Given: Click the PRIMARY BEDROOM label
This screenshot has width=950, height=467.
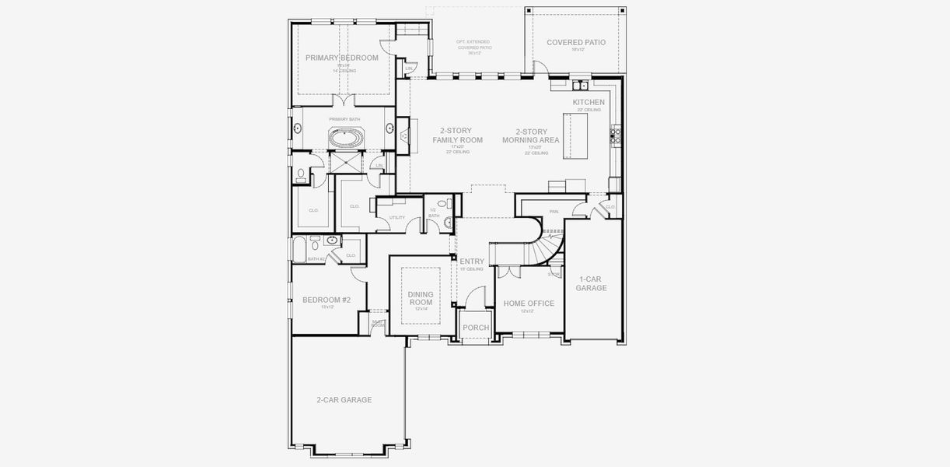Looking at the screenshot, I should coord(341,58).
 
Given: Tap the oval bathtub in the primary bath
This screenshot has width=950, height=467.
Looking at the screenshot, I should coord(345,139).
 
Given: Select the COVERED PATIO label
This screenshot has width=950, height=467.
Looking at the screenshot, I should coord(575,43).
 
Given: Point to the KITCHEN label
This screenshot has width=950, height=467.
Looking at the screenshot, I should coord(589,103).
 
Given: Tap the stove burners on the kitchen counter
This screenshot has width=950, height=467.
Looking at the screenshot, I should coord(616,136).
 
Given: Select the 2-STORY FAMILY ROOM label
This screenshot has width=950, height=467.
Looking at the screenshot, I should coord(457,135).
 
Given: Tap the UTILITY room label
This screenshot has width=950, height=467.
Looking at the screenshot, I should coord(397,217).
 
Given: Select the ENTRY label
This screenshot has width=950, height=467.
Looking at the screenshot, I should coord(472,262).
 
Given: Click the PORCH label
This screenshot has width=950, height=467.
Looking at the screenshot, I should coord(476,328).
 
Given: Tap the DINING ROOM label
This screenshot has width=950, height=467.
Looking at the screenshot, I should coord(421,298).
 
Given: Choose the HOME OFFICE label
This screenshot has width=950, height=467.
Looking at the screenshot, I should coord(529,304).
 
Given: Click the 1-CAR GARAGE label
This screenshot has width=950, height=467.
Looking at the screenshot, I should coord(592,283).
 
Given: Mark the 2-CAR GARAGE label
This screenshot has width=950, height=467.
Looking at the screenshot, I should coord(344,400).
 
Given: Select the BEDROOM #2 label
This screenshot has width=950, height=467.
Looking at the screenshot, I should coord(327,300).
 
